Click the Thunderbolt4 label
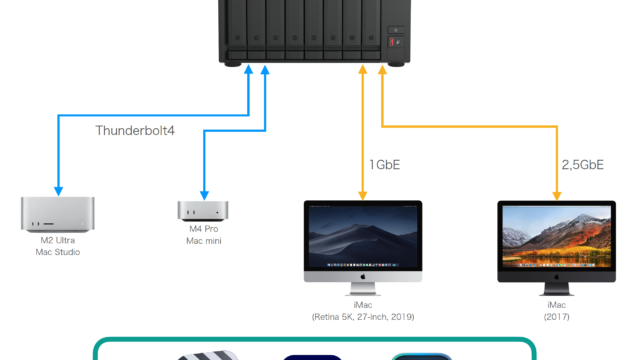point(135,131)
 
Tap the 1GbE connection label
point(384,165)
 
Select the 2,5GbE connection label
point(582,165)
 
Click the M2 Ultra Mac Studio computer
point(58,214)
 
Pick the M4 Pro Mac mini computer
point(203,211)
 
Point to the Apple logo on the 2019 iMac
point(363,277)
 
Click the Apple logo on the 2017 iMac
point(557,277)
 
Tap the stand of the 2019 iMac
point(363,289)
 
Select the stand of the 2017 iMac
point(557,289)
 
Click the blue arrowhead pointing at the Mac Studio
point(58,191)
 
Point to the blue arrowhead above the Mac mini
point(204,195)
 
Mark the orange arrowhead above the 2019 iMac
point(362,195)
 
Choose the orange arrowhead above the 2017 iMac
point(557,195)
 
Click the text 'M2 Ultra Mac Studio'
point(58,246)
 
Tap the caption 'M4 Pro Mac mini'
point(204,235)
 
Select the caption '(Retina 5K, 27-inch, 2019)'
point(363,317)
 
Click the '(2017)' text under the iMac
point(556,317)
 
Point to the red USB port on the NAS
point(392,42)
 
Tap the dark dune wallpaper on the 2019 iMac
point(363,237)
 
